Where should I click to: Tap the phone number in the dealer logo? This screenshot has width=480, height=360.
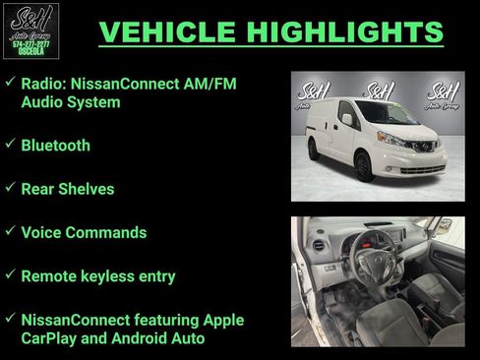tap(30, 44)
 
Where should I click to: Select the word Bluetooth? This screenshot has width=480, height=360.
tap(55, 146)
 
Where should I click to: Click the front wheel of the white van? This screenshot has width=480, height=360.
tap(363, 168)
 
